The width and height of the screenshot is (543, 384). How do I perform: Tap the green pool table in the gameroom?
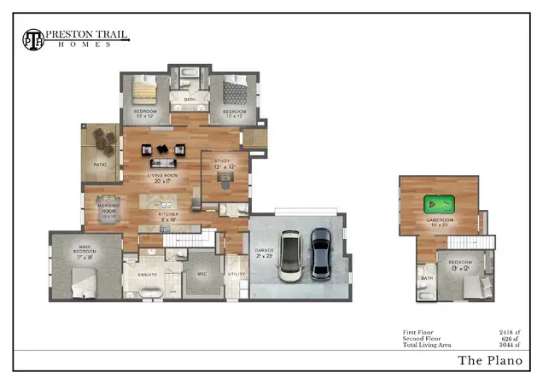tap(440, 205)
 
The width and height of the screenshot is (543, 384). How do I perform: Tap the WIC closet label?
tap(202, 275)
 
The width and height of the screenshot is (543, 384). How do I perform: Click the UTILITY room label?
tap(236, 275)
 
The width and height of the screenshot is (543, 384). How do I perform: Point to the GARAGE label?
tap(262, 251)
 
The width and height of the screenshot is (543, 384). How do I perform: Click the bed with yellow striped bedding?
tap(143, 90)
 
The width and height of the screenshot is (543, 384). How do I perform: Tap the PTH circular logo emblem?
tap(33, 38)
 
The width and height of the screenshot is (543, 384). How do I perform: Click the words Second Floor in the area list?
tap(422, 338)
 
